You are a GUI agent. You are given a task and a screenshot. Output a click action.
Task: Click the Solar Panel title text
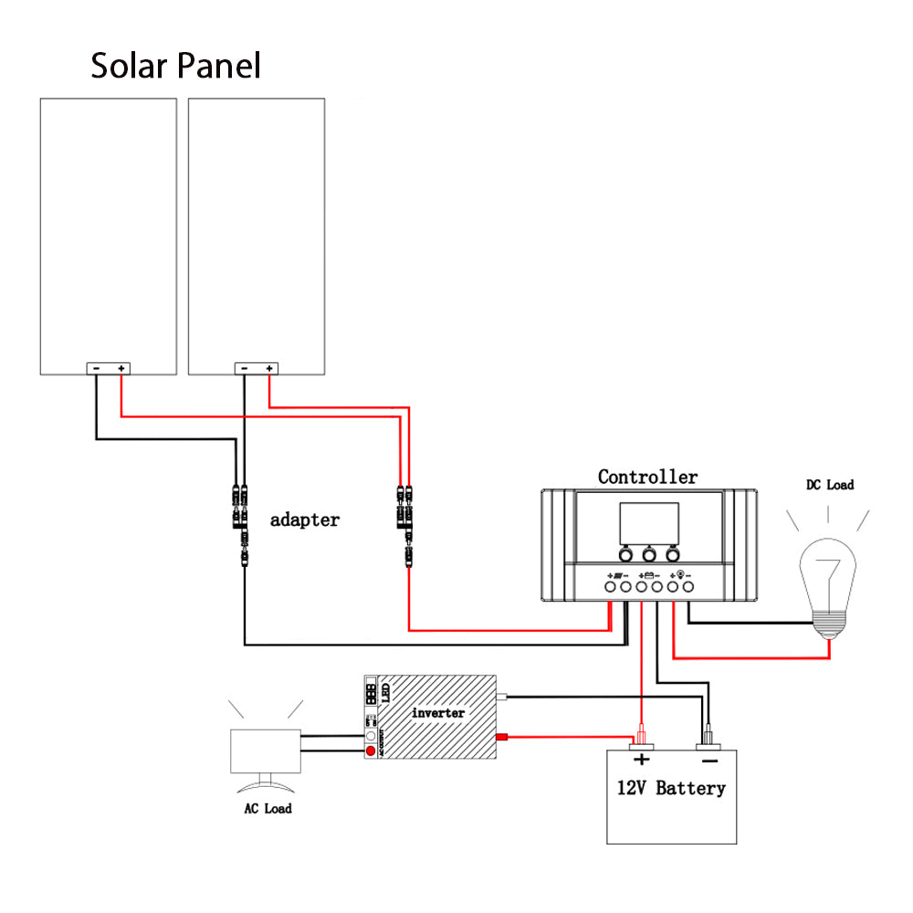(175, 66)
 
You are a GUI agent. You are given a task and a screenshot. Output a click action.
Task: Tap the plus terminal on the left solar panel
(121, 368)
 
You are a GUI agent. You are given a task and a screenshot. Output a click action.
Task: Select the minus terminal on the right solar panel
(244, 368)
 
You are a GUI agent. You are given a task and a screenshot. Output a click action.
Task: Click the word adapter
(305, 520)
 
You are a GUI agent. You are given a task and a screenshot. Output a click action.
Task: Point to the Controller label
(647, 477)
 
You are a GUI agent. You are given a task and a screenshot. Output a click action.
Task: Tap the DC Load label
(829, 485)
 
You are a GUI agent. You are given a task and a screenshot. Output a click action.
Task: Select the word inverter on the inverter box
(438, 712)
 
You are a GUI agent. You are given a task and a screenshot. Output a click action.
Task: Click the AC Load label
(268, 808)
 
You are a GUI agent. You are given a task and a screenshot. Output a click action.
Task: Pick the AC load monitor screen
(266, 751)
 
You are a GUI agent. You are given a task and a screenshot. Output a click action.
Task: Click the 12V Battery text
(671, 788)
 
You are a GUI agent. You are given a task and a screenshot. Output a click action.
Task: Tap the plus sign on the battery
(642, 760)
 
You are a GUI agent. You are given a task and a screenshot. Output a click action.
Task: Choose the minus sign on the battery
(709, 760)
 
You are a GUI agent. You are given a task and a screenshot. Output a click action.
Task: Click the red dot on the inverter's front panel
(370, 751)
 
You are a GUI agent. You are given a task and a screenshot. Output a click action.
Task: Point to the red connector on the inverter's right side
(500, 737)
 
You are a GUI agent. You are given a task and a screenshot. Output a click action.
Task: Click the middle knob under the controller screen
(649, 554)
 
